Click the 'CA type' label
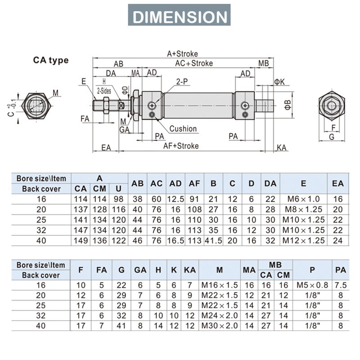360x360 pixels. click(x=50, y=60)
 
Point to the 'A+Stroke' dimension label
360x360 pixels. click(x=182, y=54)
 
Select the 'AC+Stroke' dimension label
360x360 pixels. click(x=194, y=63)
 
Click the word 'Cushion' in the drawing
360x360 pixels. click(x=183, y=129)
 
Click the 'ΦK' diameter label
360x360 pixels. click(x=279, y=81)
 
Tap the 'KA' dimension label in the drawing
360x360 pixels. click(x=282, y=148)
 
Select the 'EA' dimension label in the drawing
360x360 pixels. click(x=106, y=148)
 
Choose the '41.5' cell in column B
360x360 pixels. click(x=213, y=240)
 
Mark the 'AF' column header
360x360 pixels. click(x=194, y=183)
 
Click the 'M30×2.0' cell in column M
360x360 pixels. click(x=219, y=325)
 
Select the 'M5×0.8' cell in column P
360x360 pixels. click(x=312, y=285)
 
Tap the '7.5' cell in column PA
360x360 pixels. click(x=341, y=285)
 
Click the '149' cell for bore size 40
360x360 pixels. click(x=81, y=240)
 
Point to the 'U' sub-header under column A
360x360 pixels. click(x=118, y=189)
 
